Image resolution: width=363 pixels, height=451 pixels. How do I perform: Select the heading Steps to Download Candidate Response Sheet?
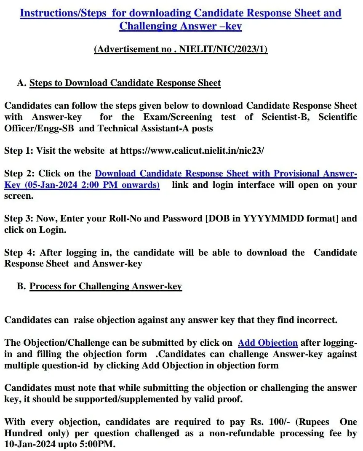[x=125, y=83]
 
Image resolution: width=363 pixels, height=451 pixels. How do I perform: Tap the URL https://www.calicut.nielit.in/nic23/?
[x=192, y=151]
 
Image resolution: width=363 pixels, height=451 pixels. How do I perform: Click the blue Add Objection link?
[x=268, y=343]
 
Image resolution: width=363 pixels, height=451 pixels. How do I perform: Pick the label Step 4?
[x=19, y=253]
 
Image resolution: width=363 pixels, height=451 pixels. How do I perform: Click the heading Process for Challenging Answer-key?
[x=106, y=286]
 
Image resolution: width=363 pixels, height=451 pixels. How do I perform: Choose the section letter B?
[x=21, y=286]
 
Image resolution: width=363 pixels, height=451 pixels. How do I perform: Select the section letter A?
[x=21, y=83]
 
